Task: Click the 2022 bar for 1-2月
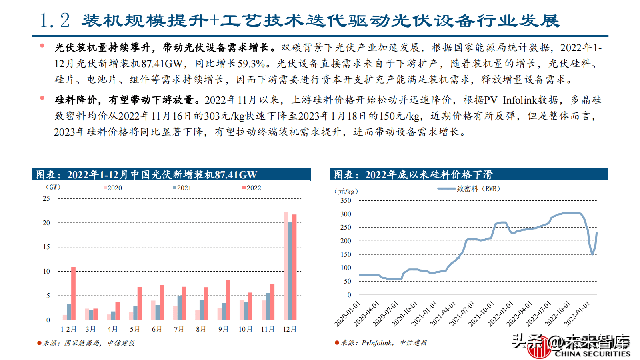coord(73,293)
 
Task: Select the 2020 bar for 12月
coord(286,266)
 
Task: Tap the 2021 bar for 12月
coord(290,271)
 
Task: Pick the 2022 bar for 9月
coord(228,300)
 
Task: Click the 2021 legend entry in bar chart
coord(182,188)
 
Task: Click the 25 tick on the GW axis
coord(46,198)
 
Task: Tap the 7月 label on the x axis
coord(179,329)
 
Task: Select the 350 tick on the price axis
coord(346,200)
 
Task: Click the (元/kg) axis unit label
coord(346,192)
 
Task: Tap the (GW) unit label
coord(53,187)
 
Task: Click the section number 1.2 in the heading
coord(55,20)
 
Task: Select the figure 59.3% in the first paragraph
coord(251,64)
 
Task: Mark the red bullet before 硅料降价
coord(42,98)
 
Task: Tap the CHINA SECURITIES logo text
coord(592,354)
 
